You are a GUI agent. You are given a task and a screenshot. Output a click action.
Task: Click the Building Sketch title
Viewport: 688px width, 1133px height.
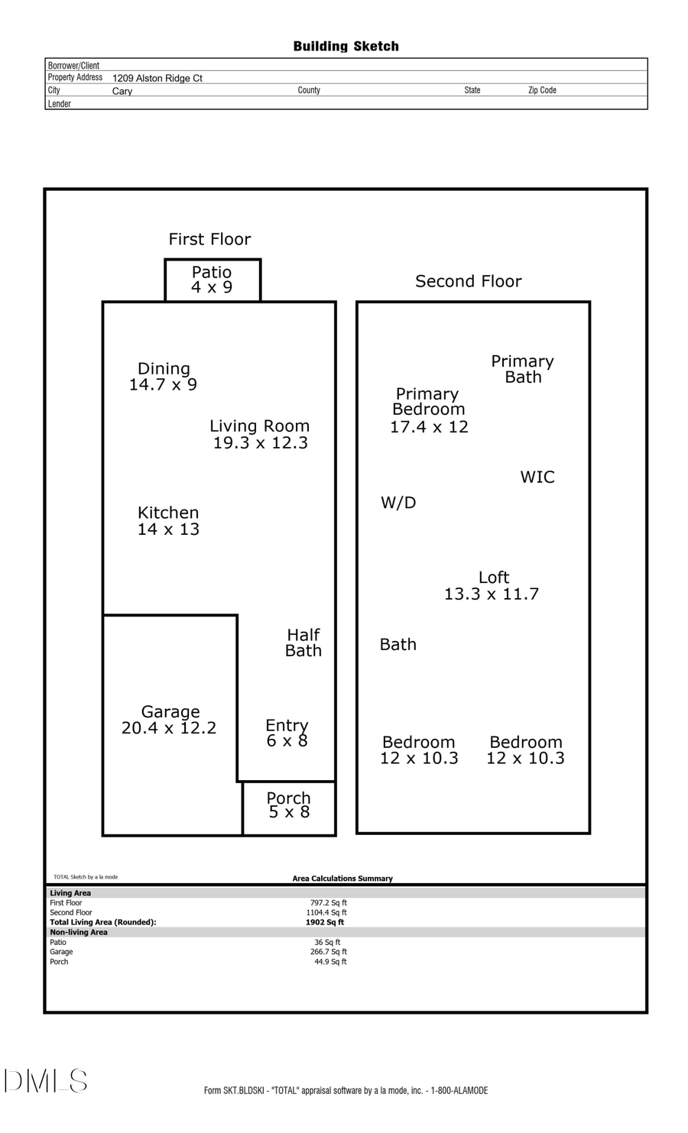point(346,47)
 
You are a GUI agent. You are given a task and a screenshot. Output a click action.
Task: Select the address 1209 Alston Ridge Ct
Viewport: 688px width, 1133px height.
point(157,78)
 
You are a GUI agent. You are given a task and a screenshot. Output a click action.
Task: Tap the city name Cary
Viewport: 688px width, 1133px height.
point(122,91)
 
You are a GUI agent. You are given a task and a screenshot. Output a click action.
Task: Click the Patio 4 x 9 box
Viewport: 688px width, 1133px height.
point(213,280)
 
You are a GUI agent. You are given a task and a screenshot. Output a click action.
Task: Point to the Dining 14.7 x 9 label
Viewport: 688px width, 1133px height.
point(163,377)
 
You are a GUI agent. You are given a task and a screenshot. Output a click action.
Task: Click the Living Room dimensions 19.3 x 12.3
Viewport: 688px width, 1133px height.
point(260,443)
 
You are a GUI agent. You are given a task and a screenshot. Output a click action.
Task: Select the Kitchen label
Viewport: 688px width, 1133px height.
point(168,513)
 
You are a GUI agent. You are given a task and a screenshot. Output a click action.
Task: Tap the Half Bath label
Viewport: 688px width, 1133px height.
point(303,643)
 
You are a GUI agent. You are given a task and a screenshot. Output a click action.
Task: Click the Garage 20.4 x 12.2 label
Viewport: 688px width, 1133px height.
point(169,720)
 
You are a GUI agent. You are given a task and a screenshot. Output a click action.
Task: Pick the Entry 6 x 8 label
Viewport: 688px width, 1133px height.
point(287,733)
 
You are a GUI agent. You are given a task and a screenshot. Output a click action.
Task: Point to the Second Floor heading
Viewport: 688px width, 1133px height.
point(468,281)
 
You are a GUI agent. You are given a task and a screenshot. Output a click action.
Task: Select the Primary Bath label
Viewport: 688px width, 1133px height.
point(522,369)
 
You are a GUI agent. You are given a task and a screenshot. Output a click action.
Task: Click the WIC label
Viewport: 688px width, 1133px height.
point(537,477)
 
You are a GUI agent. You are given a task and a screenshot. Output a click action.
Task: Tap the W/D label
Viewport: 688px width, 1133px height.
point(398,503)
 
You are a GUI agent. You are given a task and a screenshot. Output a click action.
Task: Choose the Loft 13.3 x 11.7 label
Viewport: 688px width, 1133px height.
point(492,586)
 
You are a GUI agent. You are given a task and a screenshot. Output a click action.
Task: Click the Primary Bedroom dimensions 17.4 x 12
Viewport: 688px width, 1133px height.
point(429,427)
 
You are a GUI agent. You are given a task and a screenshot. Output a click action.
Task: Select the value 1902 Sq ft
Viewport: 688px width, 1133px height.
point(325,922)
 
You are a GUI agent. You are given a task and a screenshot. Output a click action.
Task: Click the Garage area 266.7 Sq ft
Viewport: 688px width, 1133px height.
point(329,952)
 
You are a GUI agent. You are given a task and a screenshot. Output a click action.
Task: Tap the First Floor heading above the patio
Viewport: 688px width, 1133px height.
point(209,239)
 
